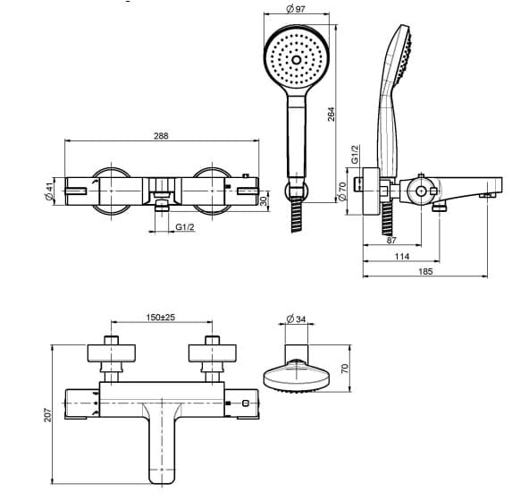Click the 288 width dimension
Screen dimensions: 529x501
pos(161,136)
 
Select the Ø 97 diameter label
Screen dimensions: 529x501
pos(296,9)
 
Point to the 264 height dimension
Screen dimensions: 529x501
pos(332,115)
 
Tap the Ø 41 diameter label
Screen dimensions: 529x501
pos(50,191)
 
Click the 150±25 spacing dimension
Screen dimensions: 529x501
pos(161,318)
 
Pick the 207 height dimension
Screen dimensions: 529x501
pos(47,415)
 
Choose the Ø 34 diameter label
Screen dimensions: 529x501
pos(296,318)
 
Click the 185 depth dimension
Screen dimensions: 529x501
pos(425,271)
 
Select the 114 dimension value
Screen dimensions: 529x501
pos(402,257)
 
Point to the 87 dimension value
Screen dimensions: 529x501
pos(391,241)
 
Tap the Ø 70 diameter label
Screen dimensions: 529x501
pos(342,191)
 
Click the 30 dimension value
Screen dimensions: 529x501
pos(264,201)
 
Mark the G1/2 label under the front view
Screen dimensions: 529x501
pos(185,226)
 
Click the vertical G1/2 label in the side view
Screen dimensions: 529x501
pos(356,155)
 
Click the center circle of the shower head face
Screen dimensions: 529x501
pos(296,60)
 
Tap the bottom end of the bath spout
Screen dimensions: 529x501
pos(162,481)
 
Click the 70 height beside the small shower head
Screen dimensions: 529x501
pos(344,369)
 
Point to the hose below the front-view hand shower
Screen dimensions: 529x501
pos(297,215)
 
